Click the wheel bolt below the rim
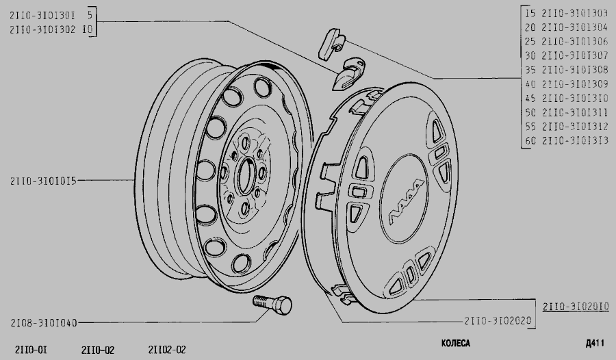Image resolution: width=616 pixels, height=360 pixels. [x=272, y=305]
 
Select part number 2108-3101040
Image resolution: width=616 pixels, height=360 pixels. [x=44, y=323]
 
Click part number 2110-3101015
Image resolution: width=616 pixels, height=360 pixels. [x=43, y=181]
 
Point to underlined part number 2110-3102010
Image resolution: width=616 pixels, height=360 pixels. [x=576, y=307]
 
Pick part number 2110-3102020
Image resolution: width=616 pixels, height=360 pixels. [x=498, y=321]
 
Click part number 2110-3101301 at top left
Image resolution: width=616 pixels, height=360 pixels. [x=42, y=15]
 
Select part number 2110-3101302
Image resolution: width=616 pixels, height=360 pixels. [x=42, y=29]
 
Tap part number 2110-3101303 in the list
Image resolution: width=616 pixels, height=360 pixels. [x=575, y=14]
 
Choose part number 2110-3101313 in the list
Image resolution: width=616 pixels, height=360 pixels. [x=575, y=140]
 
